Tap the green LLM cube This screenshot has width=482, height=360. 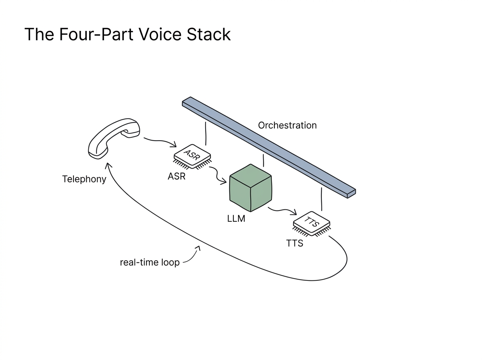coord(251,188)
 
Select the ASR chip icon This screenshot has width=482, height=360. coord(192,157)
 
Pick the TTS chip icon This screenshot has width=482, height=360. coord(312,224)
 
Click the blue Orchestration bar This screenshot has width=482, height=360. coord(269,147)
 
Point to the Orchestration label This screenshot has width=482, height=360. coord(287,125)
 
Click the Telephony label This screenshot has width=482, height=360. coord(84,179)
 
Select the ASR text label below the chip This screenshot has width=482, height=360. coord(177,176)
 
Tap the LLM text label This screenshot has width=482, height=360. coord(236,219)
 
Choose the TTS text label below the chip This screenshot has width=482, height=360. coord(295,243)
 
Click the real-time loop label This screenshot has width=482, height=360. coord(150,262)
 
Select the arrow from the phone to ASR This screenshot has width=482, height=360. coord(160,141)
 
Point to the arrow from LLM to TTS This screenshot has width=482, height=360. coord(282,210)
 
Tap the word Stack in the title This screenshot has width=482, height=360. coord(208,34)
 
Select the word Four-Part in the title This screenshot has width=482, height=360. coord(96,35)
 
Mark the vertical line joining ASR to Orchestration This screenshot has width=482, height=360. coord(206,133)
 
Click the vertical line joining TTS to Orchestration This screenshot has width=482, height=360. coord(322,199)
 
